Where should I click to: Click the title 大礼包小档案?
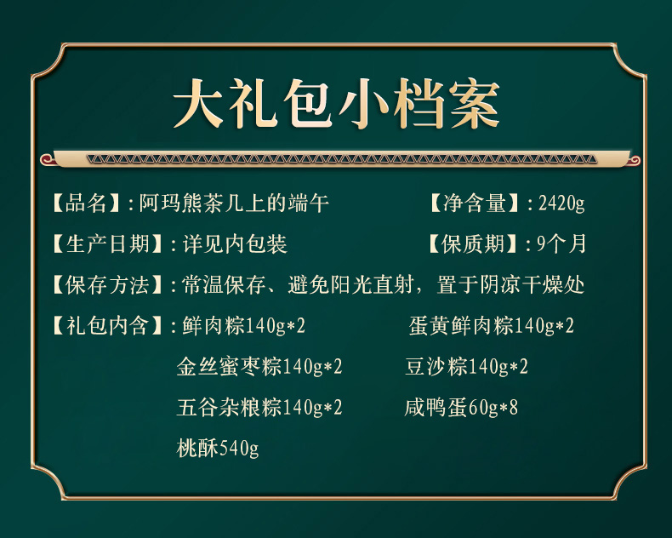click(337, 104)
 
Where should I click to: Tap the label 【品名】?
click(86, 203)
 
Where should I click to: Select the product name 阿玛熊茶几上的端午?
click(234, 203)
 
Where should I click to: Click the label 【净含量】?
click(475, 203)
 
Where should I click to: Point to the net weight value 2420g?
click(561, 203)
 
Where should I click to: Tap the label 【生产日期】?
click(107, 243)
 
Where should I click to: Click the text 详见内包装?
click(235, 243)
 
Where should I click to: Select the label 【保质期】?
click(473, 243)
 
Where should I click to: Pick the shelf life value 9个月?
click(561, 243)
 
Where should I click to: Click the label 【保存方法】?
click(107, 284)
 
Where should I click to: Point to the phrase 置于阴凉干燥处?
click(510, 284)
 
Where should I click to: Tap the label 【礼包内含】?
click(107, 325)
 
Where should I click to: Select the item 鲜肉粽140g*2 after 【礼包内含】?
click(243, 325)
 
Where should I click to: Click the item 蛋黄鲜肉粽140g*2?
click(491, 325)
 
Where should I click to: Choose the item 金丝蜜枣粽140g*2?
click(259, 366)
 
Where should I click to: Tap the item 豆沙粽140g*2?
click(466, 366)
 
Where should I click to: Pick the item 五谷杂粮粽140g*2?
click(259, 407)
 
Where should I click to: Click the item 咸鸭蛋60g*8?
click(461, 407)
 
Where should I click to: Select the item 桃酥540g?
click(217, 448)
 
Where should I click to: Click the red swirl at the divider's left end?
click(46, 160)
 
